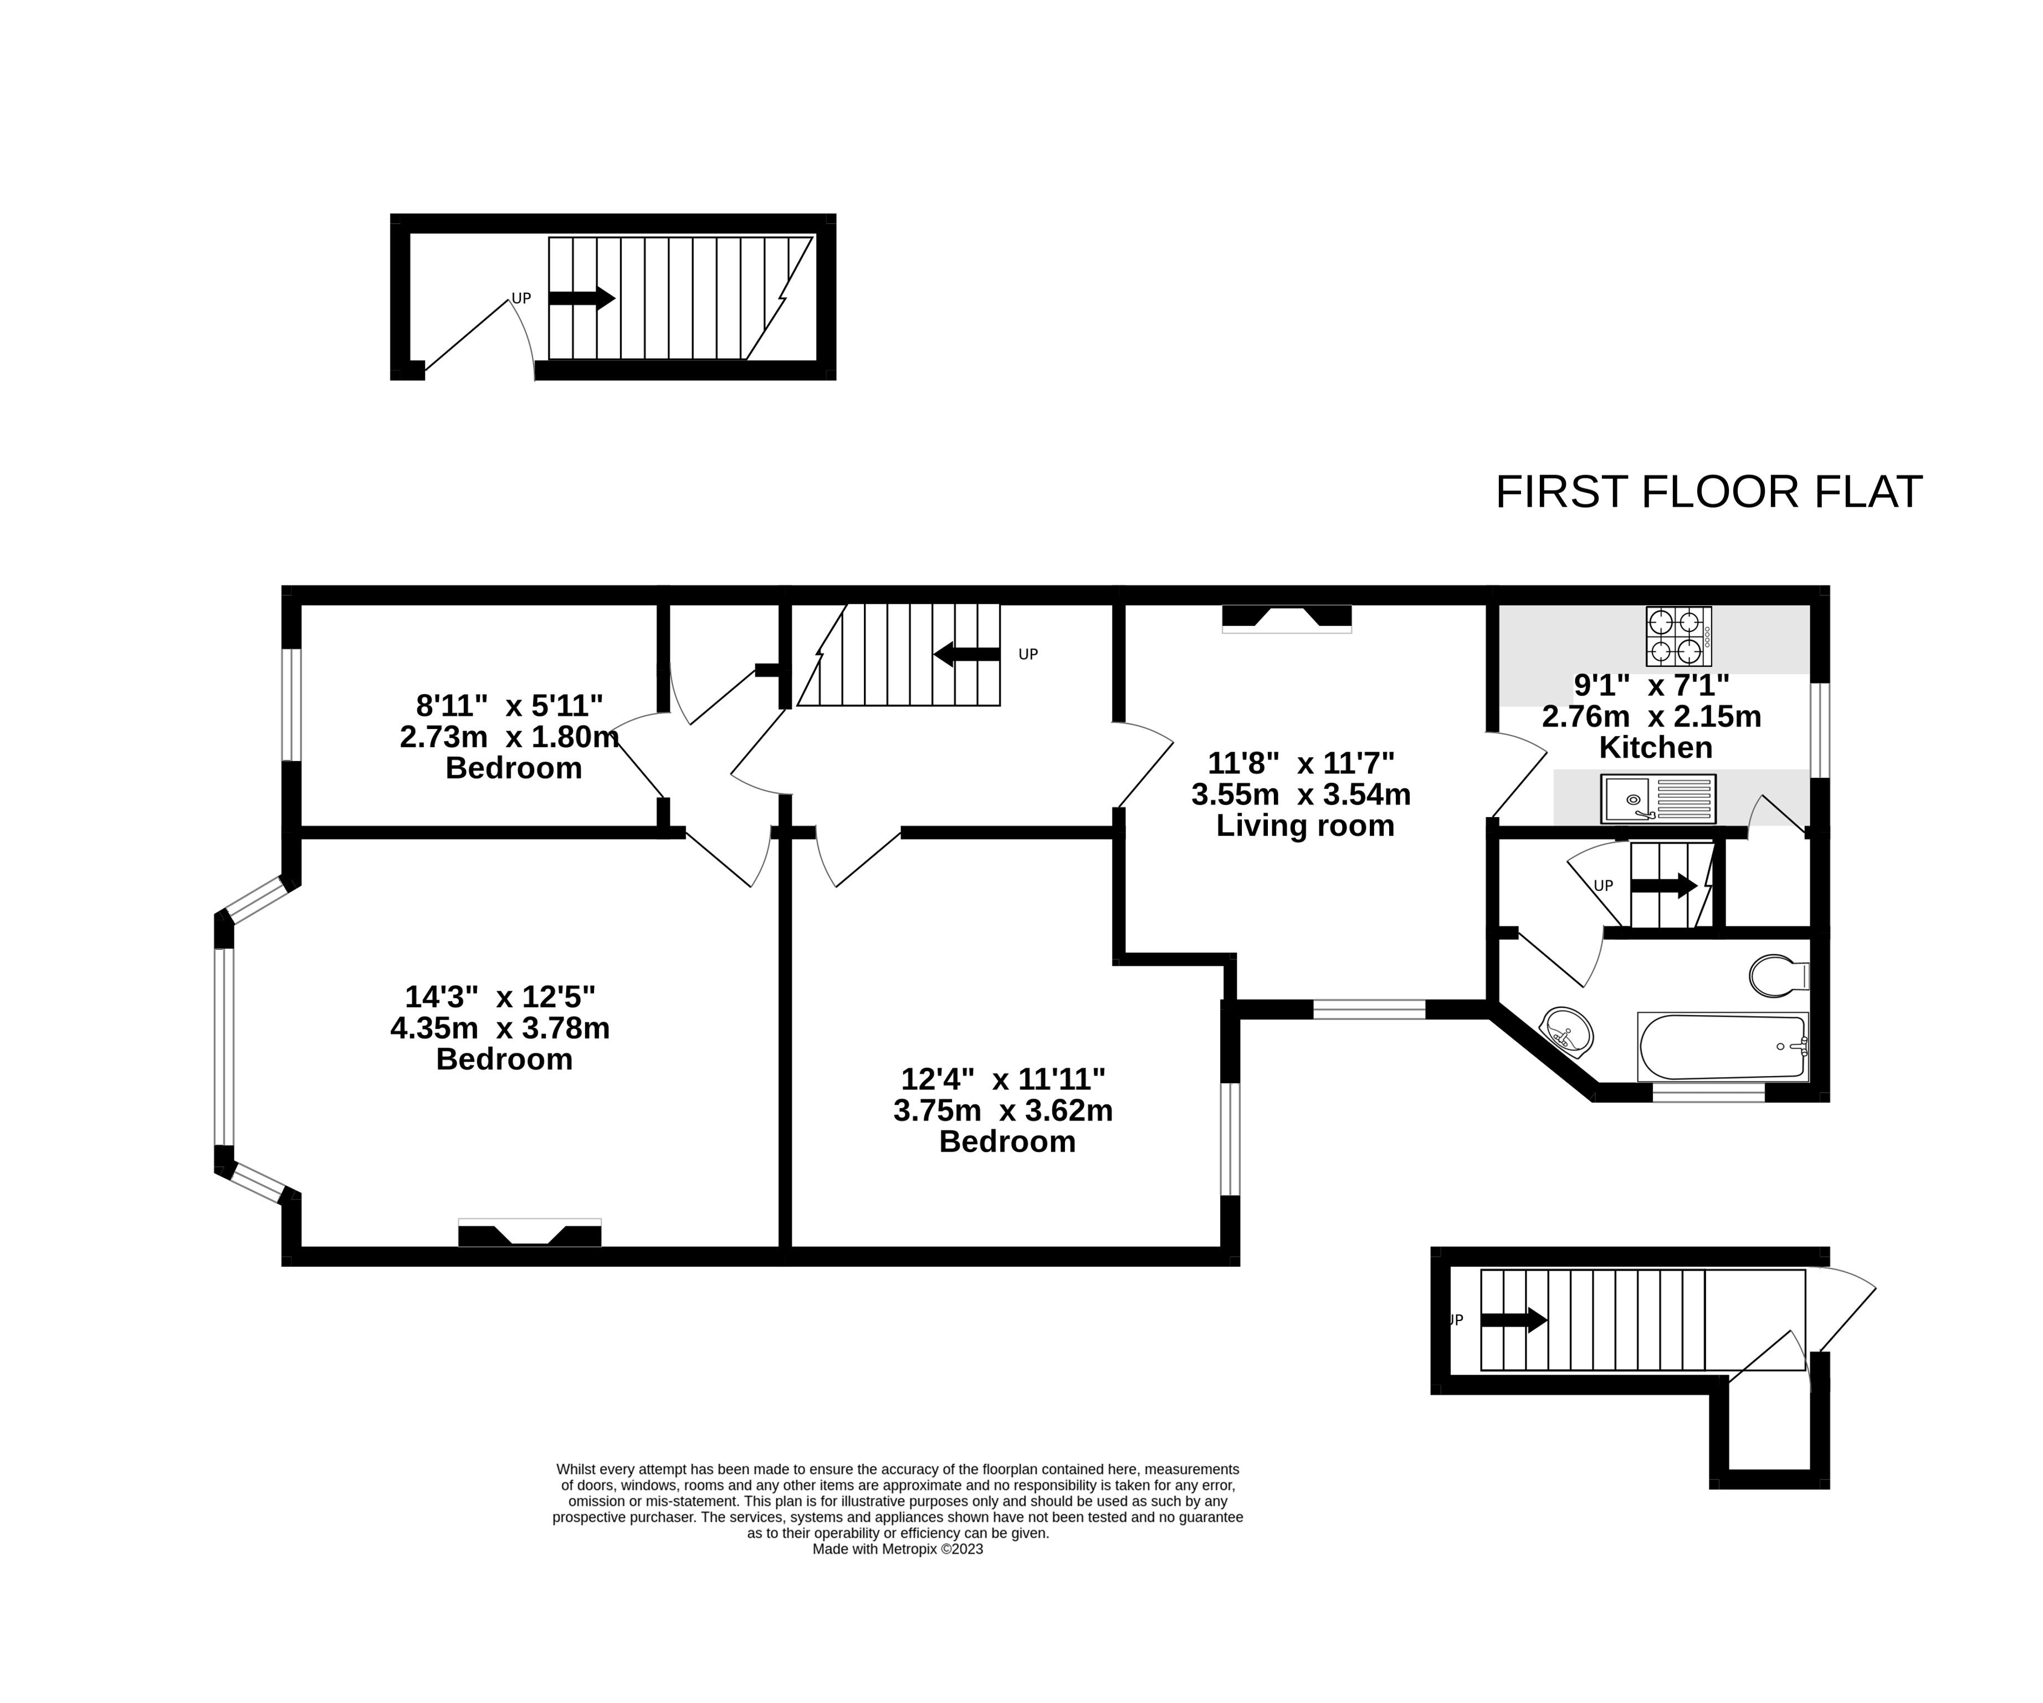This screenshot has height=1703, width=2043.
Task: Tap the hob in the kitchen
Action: click(x=1678, y=636)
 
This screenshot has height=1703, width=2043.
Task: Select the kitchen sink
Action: click(x=1658, y=799)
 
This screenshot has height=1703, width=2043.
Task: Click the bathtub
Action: click(x=1723, y=1046)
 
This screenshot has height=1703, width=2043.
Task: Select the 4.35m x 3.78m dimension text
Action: click(x=500, y=1028)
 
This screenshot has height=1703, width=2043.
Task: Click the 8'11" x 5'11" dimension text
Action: click(x=510, y=705)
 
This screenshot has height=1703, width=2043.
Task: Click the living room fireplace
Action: click(x=1286, y=619)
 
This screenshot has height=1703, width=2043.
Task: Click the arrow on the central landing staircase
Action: click(x=966, y=655)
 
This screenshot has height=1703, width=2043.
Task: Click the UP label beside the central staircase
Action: click(x=1028, y=655)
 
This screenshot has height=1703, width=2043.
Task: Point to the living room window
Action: click(x=1369, y=1009)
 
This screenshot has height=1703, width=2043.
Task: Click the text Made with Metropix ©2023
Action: click(x=898, y=1549)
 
